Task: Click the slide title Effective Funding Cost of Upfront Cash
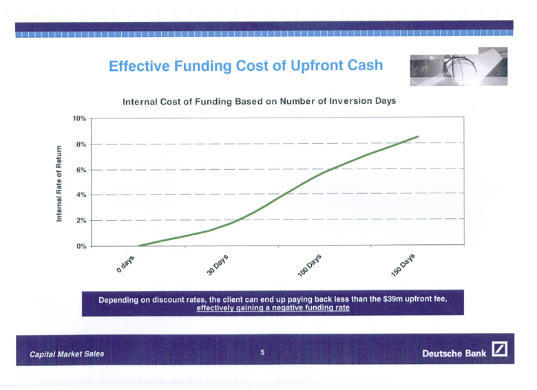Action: (x=246, y=65)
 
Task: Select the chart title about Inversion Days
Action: (x=260, y=101)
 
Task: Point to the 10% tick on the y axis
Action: (x=79, y=119)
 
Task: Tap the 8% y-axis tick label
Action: (x=81, y=144)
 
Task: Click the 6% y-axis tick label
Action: (x=81, y=170)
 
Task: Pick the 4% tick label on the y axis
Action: (x=81, y=195)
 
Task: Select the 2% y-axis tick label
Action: (x=81, y=221)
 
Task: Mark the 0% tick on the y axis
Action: (x=81, y=246)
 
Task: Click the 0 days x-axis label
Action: (x=125, y=263)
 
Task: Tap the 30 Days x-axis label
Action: (x=218, y=265)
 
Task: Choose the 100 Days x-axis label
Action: (x=310, y=265)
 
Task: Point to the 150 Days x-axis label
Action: (x=403, y=265)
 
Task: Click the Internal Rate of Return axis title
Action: (x=59, y=184)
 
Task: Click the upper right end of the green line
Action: (x=418, y=136)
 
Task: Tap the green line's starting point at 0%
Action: (x=138, y=246)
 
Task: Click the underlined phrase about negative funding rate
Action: (x=273, y=307)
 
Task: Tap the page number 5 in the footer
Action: (x=262, y=352)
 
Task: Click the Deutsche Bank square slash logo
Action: (x=500, y=349)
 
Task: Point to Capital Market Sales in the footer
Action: (x=67, y=354)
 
